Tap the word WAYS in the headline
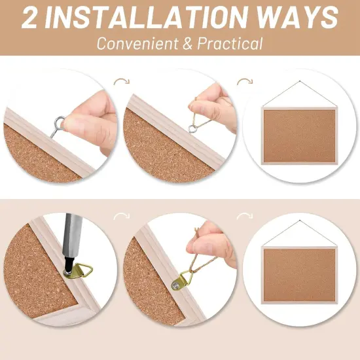tap(295, 18)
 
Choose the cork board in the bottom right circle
tap(299, 273)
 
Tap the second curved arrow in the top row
tap(244, 82)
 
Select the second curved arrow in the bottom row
tap(244, 217)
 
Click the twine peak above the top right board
tap(300, 82)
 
